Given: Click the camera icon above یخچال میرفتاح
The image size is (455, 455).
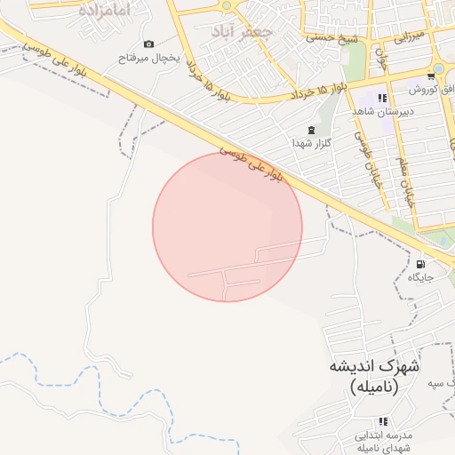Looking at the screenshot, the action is (148, 44).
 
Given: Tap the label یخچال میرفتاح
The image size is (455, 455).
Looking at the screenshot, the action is (149, 58).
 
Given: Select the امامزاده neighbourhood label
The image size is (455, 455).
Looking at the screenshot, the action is (104, 11).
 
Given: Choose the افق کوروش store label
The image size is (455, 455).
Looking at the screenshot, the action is (431, 90).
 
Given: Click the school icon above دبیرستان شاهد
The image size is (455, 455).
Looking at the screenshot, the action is (382, 98).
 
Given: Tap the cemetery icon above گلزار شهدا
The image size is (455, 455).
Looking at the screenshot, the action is (310, 130).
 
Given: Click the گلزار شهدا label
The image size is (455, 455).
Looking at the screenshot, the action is (310, 143).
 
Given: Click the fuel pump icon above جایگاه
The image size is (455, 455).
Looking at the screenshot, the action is (420, 264).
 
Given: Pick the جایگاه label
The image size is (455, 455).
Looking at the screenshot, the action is (420, 277).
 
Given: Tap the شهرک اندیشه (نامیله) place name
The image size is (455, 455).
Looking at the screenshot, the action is (375, 377).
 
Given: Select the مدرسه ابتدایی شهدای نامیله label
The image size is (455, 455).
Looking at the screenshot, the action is (386, 442).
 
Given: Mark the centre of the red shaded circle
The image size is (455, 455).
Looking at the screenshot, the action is (227, 227).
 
